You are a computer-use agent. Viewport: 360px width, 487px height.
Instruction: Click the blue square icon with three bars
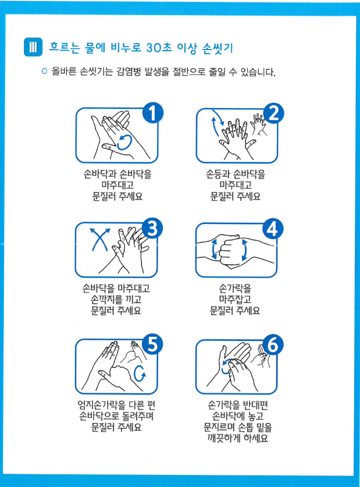tap(33, 47)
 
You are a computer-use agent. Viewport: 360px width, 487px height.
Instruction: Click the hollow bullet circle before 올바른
tap(44, 72)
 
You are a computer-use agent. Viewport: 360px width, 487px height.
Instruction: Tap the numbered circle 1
tap(153, 113)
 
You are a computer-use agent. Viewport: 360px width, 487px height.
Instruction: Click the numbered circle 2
tap(273, 113)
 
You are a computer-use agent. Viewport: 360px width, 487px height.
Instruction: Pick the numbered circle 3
tap(152, 228)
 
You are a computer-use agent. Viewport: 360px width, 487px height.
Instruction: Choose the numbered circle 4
tap(273, 229)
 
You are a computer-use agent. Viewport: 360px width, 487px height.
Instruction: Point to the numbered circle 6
tap(273, 344)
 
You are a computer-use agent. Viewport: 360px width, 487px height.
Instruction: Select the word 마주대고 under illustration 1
tap(117, 185)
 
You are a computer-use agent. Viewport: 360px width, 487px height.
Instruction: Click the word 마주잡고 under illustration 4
tap(235, 300)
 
